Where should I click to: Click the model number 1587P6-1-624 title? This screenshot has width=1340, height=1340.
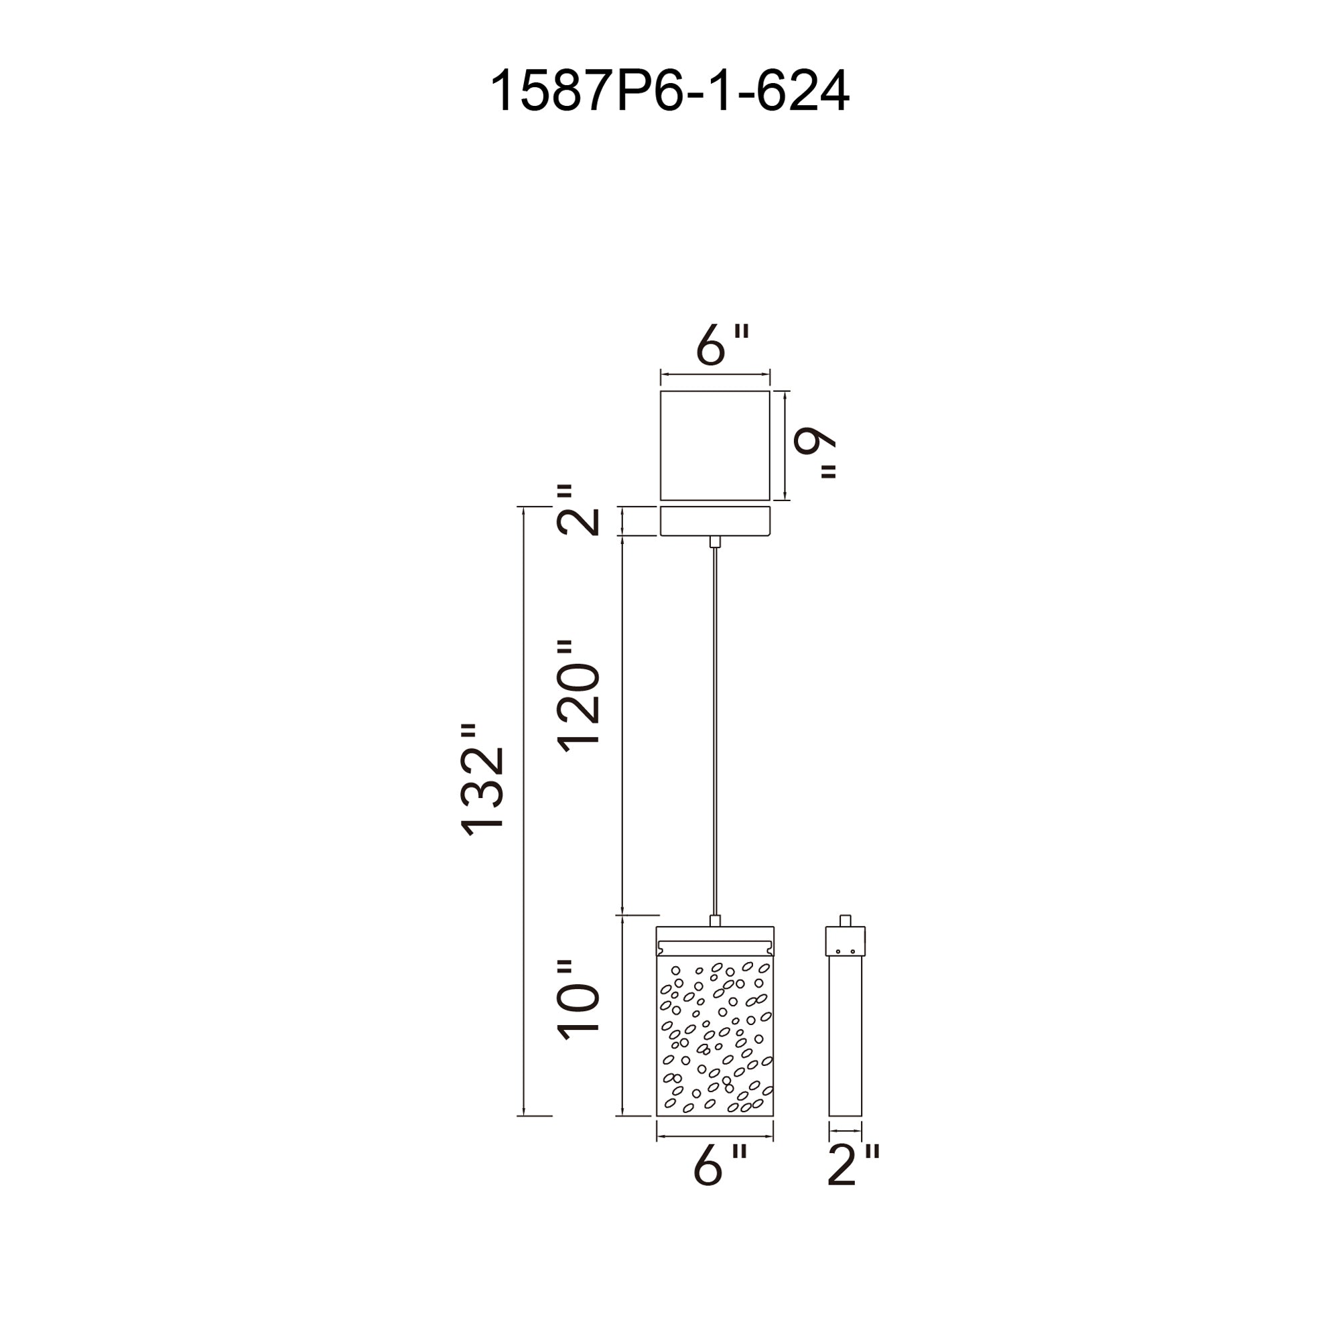coord(669,91)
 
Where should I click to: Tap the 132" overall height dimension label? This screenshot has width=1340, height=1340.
coord(481,781)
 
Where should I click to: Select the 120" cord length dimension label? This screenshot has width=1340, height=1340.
coord(578,696)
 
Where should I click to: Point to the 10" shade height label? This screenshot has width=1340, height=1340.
coord(578,1009)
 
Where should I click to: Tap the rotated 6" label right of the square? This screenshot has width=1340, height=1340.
coord(814,451)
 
